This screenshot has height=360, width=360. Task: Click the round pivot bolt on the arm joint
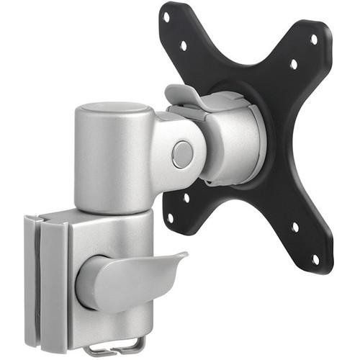(183, 154)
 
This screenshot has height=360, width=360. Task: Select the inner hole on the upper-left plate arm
(183, 45)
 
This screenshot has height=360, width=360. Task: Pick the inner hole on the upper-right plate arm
(294, 64)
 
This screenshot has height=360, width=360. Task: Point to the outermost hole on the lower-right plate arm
(315, 258)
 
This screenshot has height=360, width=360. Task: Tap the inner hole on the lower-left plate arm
(186, 197)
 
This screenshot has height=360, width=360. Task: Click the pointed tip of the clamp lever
(186, 253)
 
